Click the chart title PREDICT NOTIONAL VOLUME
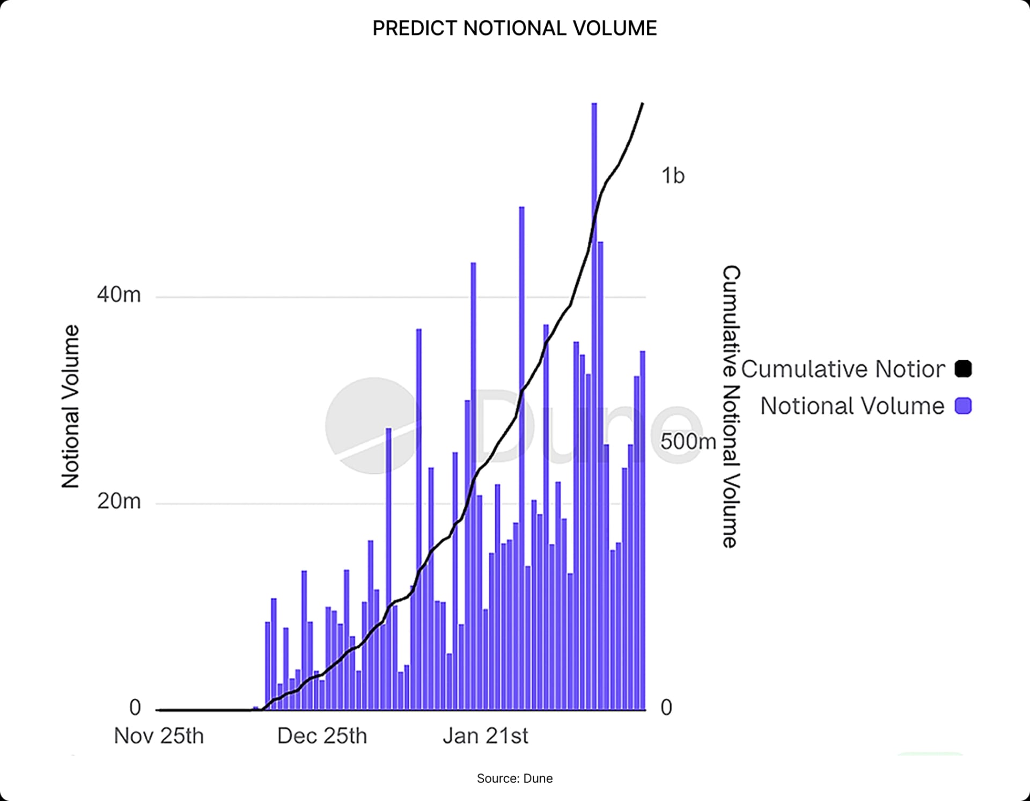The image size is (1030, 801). click(514, 28)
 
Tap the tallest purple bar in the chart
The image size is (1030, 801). click(594, 376)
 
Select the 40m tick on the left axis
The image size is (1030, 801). click(119, 295)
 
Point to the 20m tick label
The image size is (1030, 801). click(119, 501)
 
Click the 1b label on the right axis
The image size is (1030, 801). click(673, 176)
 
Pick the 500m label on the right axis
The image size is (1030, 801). click(688, 441)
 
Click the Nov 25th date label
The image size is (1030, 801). click(159, 736)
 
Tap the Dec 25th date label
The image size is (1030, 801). click(322, 736)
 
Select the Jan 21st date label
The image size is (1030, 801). click(485, 736)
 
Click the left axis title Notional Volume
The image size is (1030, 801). click(70, 406)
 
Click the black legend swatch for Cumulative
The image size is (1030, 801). click(963, 369)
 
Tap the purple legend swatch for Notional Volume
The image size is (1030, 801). click(963, 406)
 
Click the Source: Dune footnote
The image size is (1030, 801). click(514, 778)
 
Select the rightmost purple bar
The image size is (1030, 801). click(642, 531)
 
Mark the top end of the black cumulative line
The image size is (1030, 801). click(642, 104)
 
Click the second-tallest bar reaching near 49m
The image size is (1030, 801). click(521, 456)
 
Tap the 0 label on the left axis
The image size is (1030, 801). click(135, 708)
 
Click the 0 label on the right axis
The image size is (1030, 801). click(666, 708)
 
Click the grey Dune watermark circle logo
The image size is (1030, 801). click(371, 426)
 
